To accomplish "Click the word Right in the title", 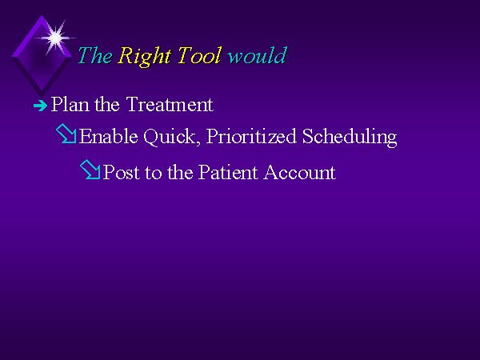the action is (x=144, y=56).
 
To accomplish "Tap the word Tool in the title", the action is (x=199, y=55).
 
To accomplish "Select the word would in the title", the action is (x=258, y=55).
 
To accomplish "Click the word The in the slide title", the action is (x=95, y=55).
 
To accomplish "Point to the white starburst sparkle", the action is (x=55, y=38).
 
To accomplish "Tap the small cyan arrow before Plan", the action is (x=41, y=106).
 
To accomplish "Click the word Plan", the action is (x=70, y=104).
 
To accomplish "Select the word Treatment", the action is (x=170, y=104).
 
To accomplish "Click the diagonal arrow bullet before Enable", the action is (x=66, y=134).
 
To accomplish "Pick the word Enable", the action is (x=108, y=136).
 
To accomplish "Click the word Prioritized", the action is (x=251, y=136).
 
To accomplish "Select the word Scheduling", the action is (x=350, y=137).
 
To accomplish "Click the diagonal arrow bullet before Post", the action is (x=90, y=170).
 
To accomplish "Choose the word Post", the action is (x=122, y=172).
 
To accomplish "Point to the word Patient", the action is (x=228, y=172).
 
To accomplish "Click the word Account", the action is (x=300, y=172).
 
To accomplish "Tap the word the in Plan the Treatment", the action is (x=107, y=104).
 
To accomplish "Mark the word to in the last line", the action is (x=154, y=172).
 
